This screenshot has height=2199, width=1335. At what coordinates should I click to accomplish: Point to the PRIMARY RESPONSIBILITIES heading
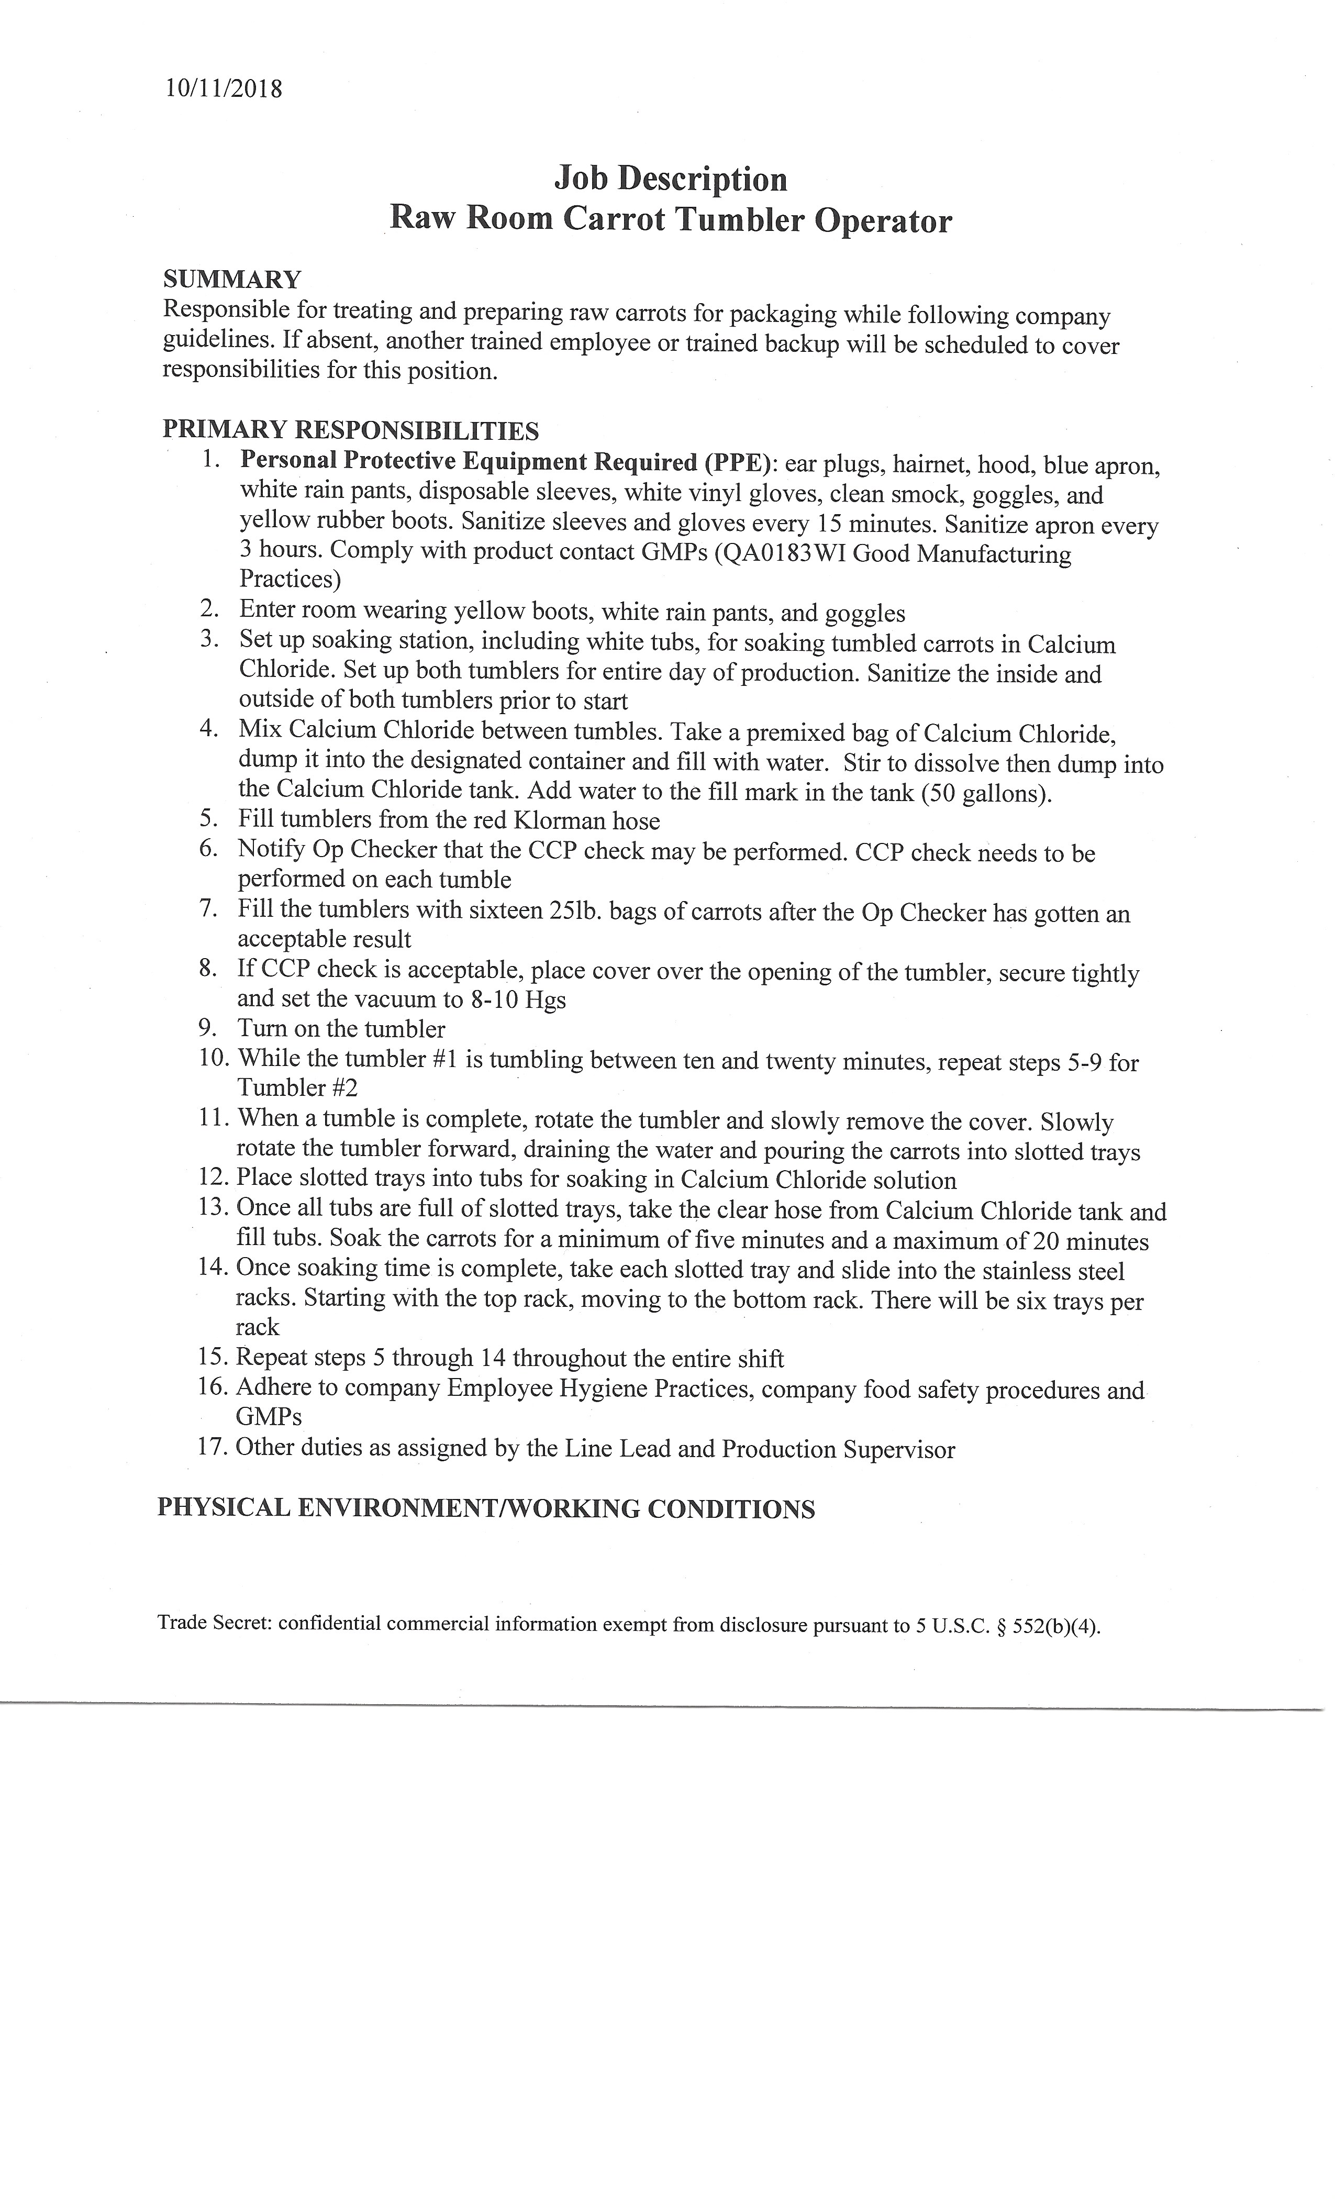click(x=351, y=430)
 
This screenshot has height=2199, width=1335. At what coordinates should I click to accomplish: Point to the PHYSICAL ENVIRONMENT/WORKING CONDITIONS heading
click(x=486, y=1508)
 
